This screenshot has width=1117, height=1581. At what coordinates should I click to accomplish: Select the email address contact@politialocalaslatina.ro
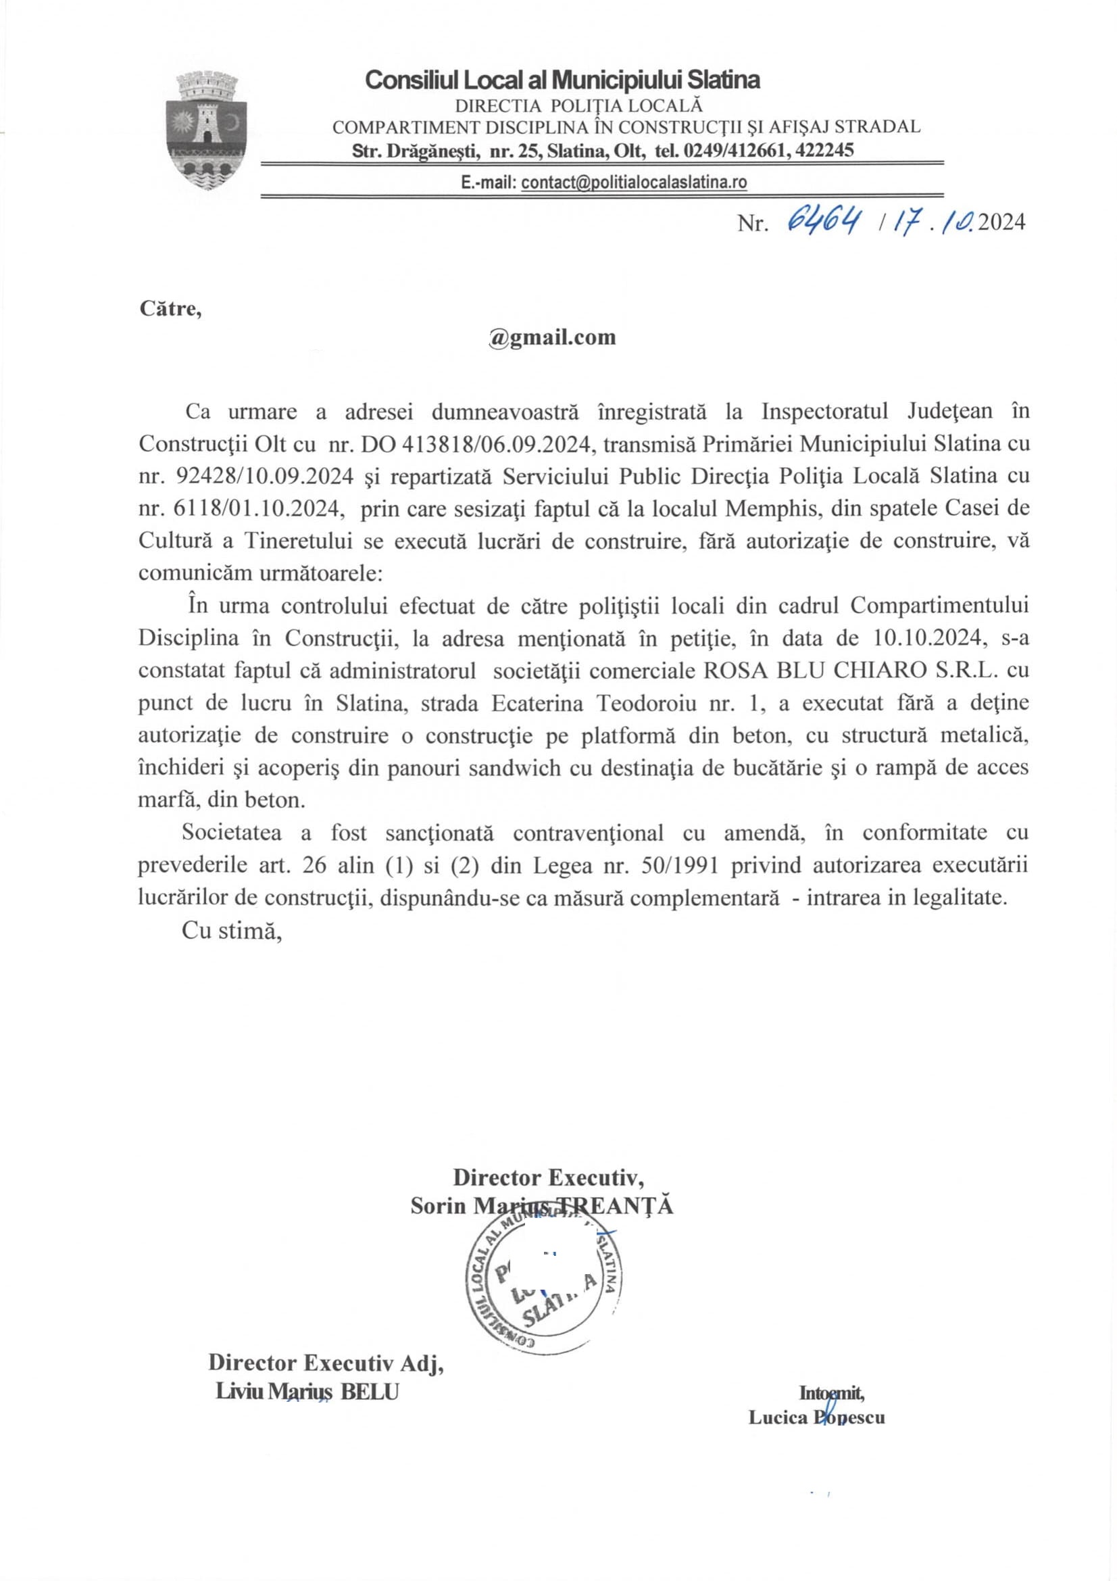tap(634, 182)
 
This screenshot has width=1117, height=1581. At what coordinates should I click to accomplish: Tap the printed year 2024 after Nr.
tap(1001, 222)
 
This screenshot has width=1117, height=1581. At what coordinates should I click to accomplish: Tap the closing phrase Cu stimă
tap(232, 930)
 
